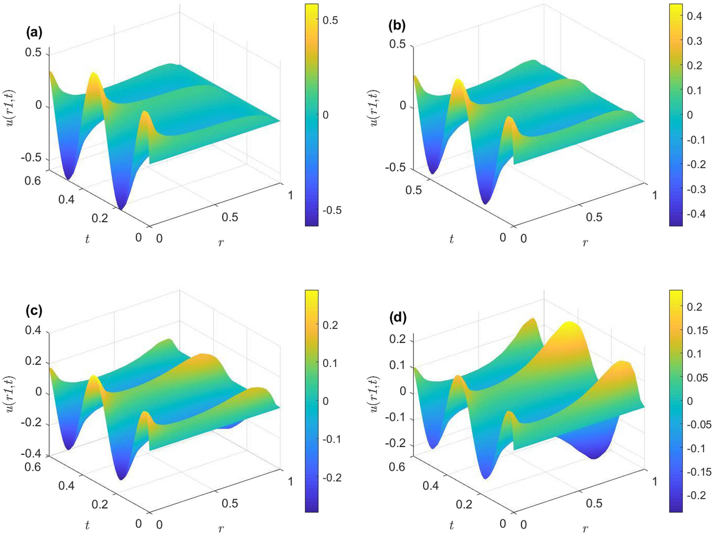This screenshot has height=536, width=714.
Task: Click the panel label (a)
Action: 34,32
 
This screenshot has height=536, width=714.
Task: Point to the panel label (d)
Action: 398,317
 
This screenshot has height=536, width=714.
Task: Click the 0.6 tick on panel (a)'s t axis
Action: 33,181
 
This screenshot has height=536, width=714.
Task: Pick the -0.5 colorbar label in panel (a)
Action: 332,210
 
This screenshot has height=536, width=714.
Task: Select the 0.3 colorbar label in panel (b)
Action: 694,41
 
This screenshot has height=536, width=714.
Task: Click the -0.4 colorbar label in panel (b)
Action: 696,214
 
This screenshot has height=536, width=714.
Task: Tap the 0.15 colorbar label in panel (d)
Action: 697,330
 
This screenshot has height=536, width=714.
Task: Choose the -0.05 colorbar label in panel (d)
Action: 699,425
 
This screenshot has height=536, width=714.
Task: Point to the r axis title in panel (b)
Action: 585,243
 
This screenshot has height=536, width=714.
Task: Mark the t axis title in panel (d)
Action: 451,525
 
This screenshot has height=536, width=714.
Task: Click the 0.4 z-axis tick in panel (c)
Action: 33,330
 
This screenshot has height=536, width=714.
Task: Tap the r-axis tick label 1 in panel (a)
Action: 291,195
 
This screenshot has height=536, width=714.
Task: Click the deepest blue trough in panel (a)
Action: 121,207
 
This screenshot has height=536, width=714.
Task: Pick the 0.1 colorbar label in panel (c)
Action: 330,363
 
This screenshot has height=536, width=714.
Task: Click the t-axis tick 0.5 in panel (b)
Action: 413,190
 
